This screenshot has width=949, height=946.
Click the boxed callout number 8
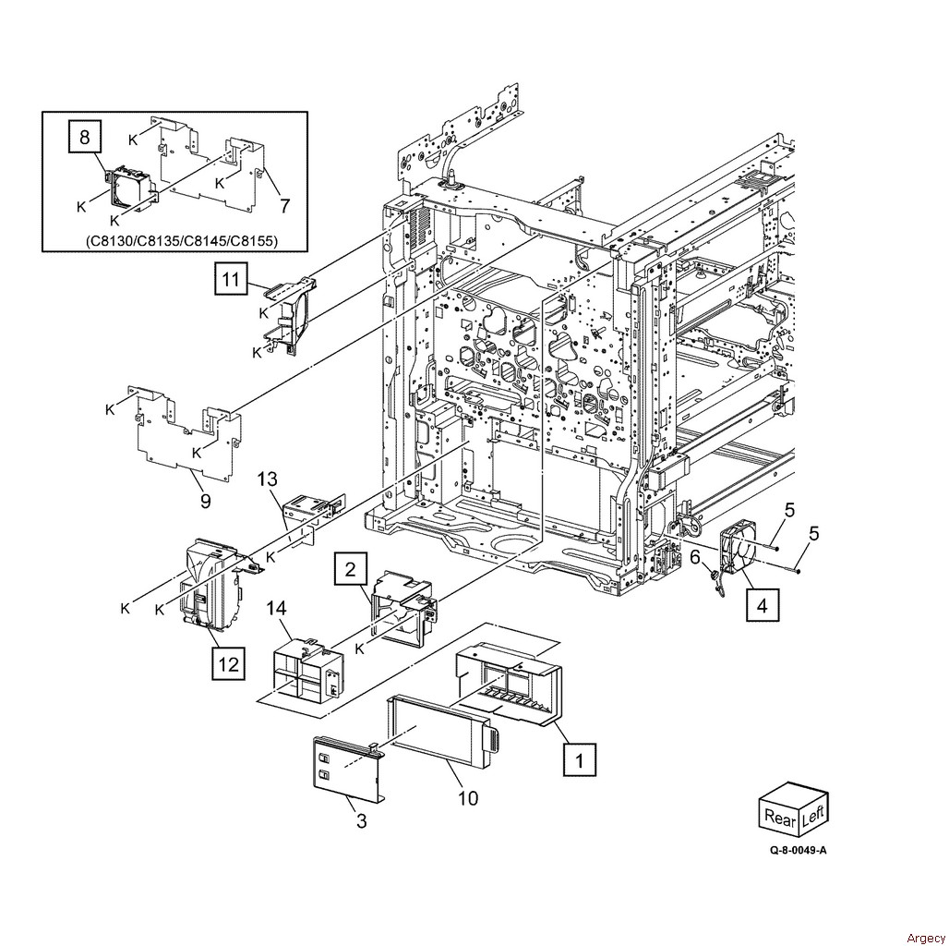[84, 137]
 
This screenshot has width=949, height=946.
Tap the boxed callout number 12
[229, 664]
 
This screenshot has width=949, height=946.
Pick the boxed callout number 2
[351, 570]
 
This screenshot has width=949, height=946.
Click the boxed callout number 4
[763, 605]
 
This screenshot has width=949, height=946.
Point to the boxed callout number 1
[580, 759]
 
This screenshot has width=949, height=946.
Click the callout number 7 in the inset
[284, 206]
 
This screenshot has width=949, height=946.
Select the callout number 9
[206, 502]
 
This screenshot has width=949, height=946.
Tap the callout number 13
[267, 479]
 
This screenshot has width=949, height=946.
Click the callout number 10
[468, 798]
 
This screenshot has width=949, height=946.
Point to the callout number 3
[361, 821]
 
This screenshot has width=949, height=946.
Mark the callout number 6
[695, 556]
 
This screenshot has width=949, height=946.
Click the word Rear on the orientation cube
[779, 818]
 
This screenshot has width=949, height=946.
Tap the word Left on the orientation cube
[812, 816]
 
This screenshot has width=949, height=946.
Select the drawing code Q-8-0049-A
[798, 850]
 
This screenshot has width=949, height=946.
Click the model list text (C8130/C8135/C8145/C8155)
[182, 241]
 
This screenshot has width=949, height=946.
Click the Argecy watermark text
[925, 938]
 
